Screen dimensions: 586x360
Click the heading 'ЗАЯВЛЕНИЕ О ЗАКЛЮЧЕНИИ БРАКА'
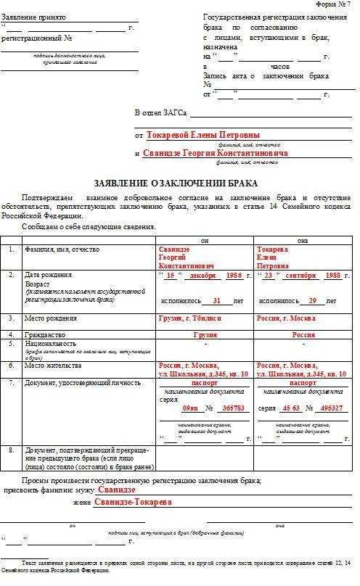176,183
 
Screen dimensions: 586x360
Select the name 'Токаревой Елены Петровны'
203,135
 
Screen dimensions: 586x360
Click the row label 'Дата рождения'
49,276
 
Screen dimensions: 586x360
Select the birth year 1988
333,276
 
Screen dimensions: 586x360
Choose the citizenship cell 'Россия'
303,335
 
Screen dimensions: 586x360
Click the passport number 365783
234,408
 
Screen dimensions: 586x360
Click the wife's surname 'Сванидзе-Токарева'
133,502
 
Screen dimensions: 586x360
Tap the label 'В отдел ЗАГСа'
160,113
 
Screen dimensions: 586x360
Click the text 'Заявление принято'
33,16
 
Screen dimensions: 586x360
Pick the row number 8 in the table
11,450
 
